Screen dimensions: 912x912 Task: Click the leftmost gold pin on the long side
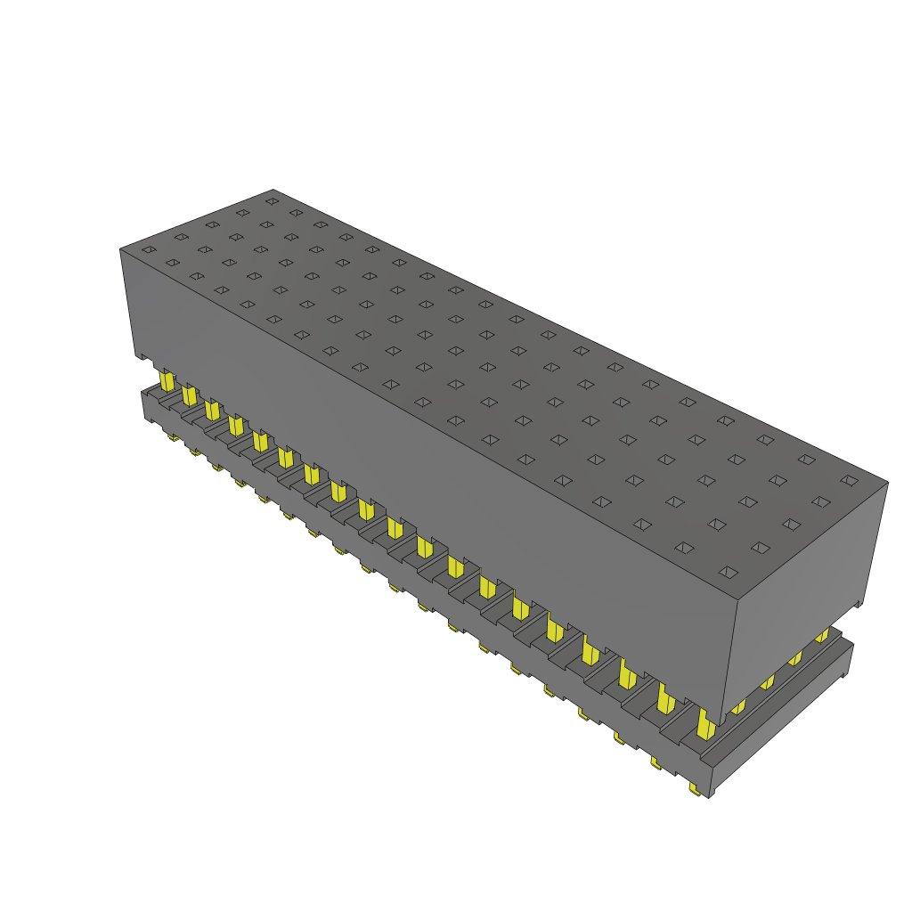coord(167,381)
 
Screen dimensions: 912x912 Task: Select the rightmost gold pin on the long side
coord(705,725)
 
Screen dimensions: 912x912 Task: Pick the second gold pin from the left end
coord(189,394)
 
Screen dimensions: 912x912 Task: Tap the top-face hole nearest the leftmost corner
coord(149,248)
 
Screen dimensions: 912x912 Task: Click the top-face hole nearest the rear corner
coord(272,200)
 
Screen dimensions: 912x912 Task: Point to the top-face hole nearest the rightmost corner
coord(849,480)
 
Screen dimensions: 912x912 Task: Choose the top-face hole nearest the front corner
coord(729,571)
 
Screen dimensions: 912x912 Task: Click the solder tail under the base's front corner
coord(694,789)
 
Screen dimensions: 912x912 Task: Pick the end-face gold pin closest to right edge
coord(822,635)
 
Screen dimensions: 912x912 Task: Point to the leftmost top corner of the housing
coord(120,248)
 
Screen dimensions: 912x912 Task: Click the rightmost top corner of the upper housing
coord(888,483)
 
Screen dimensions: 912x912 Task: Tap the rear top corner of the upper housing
coord(273,190)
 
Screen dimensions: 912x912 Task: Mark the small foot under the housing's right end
coord(859,605)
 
